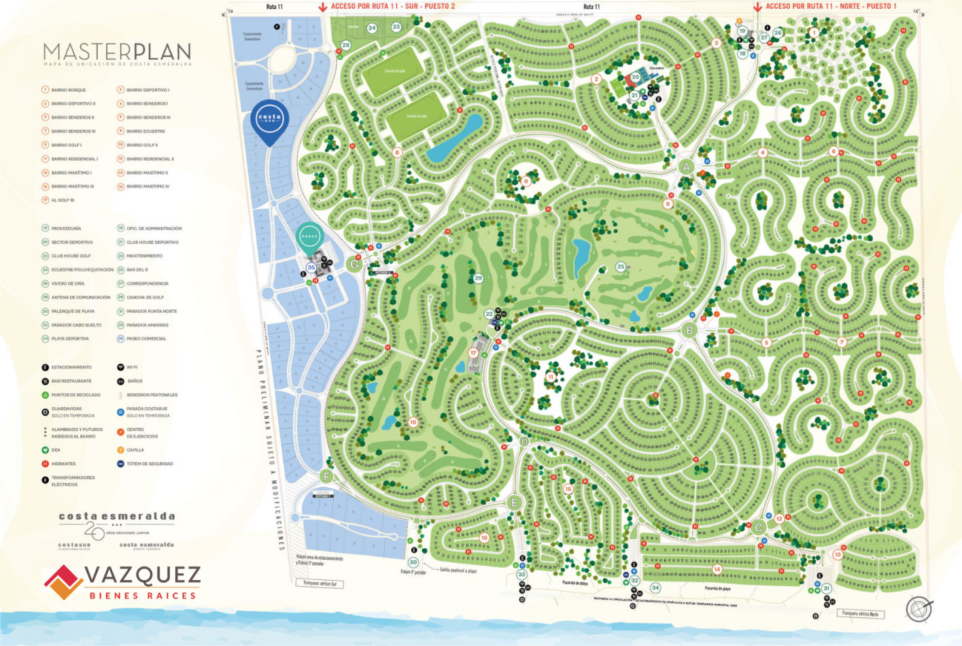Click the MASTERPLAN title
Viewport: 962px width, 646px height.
(117, 52)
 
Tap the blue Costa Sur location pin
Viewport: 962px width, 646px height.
(270, 120)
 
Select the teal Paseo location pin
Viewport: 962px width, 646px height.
(309, 237)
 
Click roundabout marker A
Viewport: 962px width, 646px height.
(686, 167)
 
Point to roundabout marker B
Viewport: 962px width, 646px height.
(689, 330)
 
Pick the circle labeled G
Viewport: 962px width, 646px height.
(354, 264)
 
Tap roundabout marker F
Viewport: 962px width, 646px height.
(327, 476)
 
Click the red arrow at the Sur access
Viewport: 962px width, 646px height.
(323, 7)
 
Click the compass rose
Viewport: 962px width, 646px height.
(918, 608)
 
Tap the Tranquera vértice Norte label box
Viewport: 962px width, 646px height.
(860, 613)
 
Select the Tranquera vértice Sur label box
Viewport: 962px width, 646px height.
(320, 583)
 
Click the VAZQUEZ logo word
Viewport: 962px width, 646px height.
(143, 575)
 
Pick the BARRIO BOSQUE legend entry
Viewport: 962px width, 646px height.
(68, 90)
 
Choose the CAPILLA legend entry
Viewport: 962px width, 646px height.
(135, 450)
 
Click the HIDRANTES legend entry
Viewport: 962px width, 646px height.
(63, 464)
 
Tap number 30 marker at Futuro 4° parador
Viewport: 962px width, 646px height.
(413, 562)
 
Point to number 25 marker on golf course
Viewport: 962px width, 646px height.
(620, 267)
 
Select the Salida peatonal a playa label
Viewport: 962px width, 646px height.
(458, 571)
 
